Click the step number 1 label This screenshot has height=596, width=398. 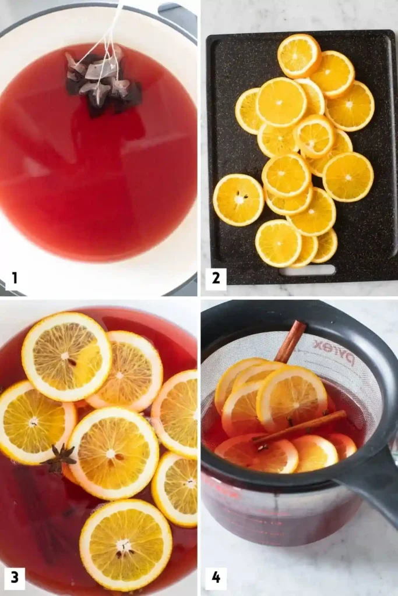click(15, 278)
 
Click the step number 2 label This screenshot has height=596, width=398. click(216, 278)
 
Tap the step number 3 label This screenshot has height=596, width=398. click(15, 577)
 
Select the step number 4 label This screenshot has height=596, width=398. click(216, 577)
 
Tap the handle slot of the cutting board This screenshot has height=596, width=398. click(307, 271)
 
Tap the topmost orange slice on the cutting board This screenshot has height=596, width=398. click(299, 56)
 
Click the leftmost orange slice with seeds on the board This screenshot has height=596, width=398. click(238, 200)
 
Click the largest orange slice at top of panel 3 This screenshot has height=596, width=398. click(66, 356)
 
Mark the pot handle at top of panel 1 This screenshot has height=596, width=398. click(178, 15)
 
